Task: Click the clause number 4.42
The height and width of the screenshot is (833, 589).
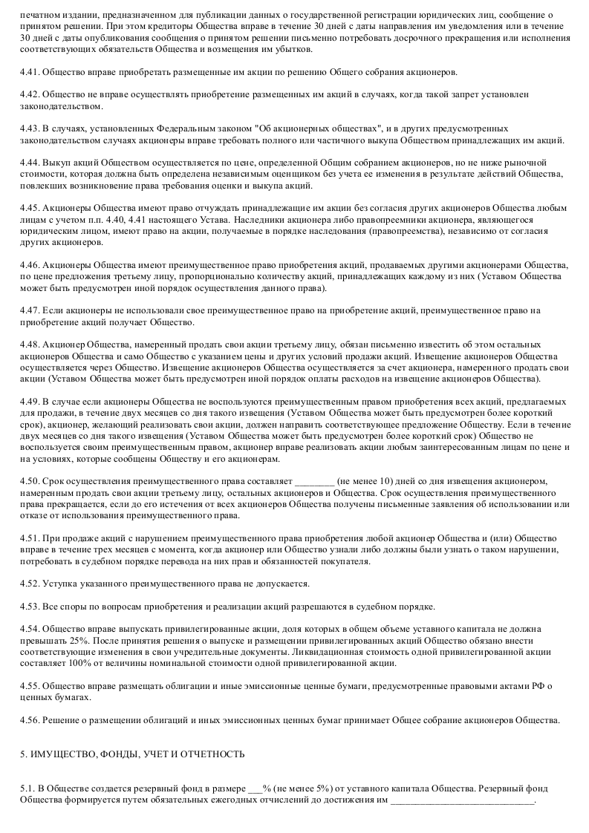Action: coord(30,95)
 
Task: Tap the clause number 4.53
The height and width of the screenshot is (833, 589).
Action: coord(30,607)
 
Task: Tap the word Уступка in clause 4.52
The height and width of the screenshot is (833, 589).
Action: coord(59,584)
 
